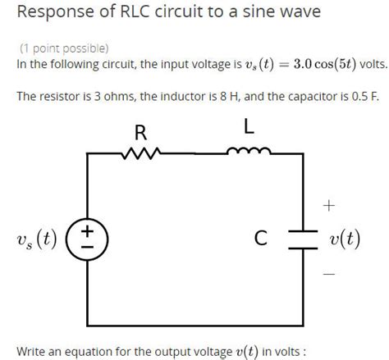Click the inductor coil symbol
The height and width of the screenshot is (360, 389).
point(249,150)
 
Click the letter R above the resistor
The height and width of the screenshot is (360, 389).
point(140,131)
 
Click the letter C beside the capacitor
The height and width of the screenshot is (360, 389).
point(261,239)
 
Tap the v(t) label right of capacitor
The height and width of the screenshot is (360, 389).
point(345,239)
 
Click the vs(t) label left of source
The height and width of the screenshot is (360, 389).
point(36,239)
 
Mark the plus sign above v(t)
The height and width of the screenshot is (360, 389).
point(328,204)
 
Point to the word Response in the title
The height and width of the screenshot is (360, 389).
point(49,12)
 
